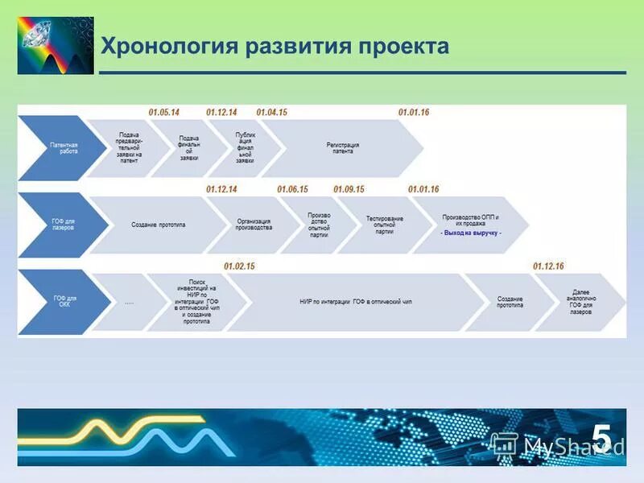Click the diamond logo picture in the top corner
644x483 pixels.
[x=56, y=45]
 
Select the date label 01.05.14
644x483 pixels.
[x=164, y=112]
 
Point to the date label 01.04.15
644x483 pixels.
[x=272, y=112]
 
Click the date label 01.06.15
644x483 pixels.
[x=293, y=189]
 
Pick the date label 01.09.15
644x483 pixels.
[x=349, y=189]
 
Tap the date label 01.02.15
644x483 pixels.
[x=239, y=266]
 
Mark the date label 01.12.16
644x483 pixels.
[x=548, y=266]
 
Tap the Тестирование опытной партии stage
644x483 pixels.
[x=384, y=225]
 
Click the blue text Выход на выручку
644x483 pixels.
[x=471, y=233]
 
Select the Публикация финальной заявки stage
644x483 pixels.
[x=245, y=148]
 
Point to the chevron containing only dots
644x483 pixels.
[x=129, y=303]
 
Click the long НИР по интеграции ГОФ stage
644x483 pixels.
[x=354, y=302]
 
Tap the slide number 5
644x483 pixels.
[x=601, y=436]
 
